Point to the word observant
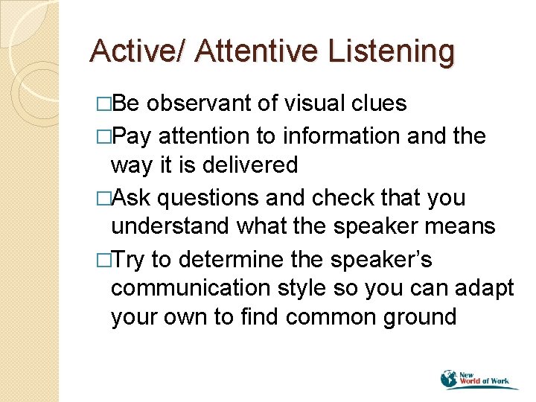point(200,103)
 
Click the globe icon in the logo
point(450,378)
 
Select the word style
point(313,288)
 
